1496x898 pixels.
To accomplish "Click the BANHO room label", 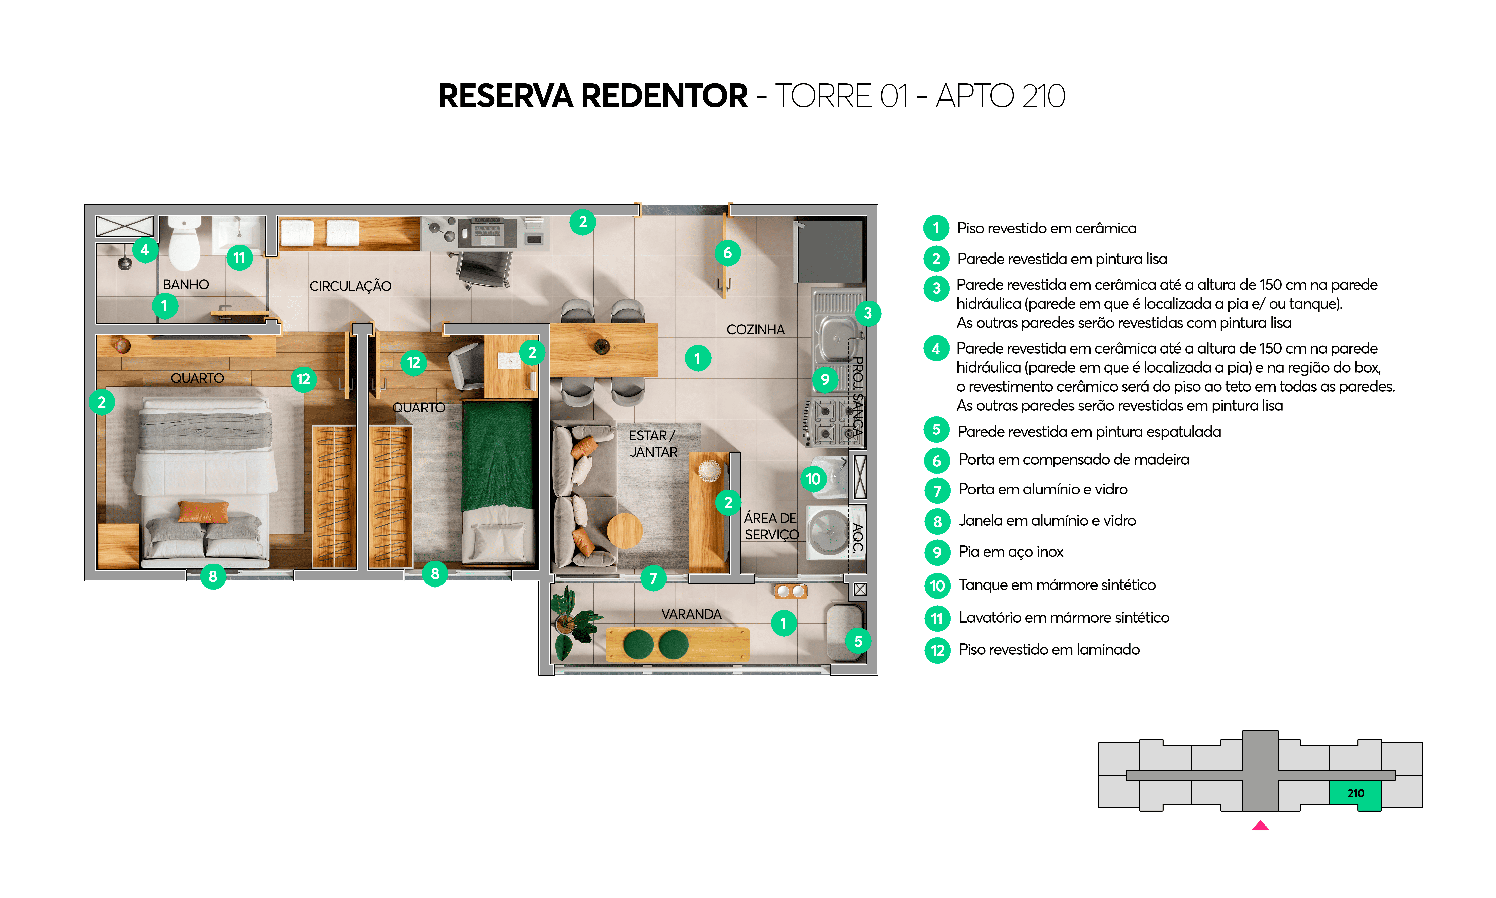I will point(186,284).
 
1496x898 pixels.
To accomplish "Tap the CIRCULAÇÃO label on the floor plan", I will point(350,286).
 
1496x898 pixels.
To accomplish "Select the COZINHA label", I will point(755,330).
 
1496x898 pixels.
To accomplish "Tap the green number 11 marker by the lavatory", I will point(239,258).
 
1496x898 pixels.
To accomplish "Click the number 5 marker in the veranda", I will point(858,641).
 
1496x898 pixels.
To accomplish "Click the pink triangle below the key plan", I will point(1260,826).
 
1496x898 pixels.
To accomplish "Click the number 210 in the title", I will point(1043,96).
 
